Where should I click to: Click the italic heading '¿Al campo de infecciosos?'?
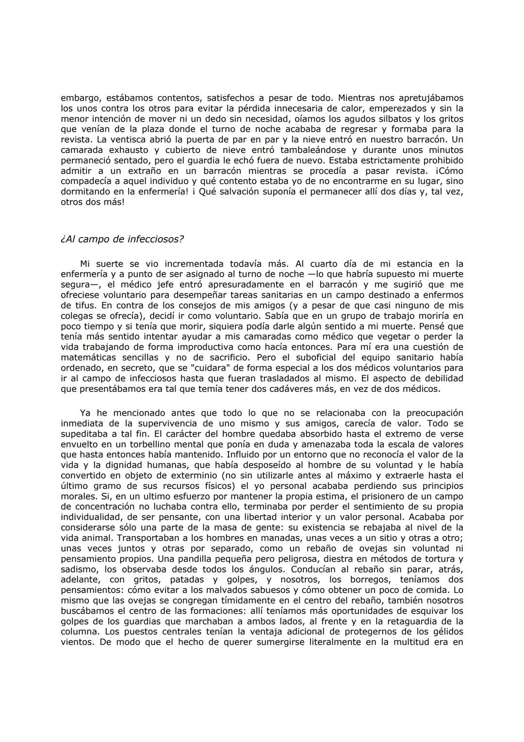(x=122, y=239)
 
